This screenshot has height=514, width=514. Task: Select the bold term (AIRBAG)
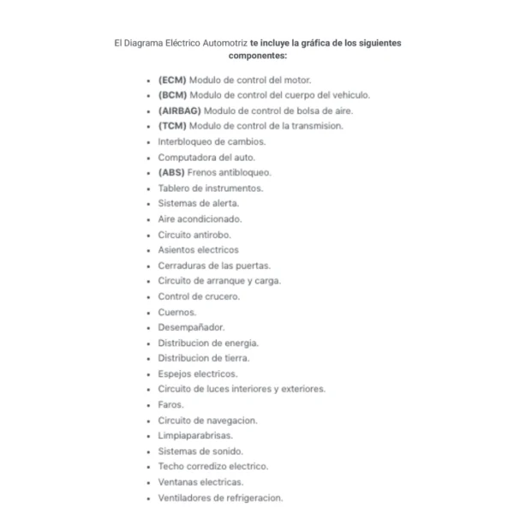pos(179,111)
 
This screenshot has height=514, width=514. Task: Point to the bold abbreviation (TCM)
pos(172,126)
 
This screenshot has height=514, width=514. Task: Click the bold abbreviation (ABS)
pos(172,172)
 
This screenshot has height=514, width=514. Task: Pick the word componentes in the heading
pos(257,55)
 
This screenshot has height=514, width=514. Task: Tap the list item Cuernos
pos(177,312)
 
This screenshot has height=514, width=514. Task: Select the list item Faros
pos(171,404)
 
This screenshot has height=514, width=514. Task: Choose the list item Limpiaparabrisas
pos(195,435)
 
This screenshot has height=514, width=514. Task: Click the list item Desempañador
pos(191,327)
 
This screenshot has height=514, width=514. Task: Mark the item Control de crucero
pos(199,296)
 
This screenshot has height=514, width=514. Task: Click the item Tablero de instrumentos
pos(211,188)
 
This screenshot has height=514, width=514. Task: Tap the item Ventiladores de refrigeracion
pos(220,497)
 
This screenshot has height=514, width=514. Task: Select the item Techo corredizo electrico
pos(213,466)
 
